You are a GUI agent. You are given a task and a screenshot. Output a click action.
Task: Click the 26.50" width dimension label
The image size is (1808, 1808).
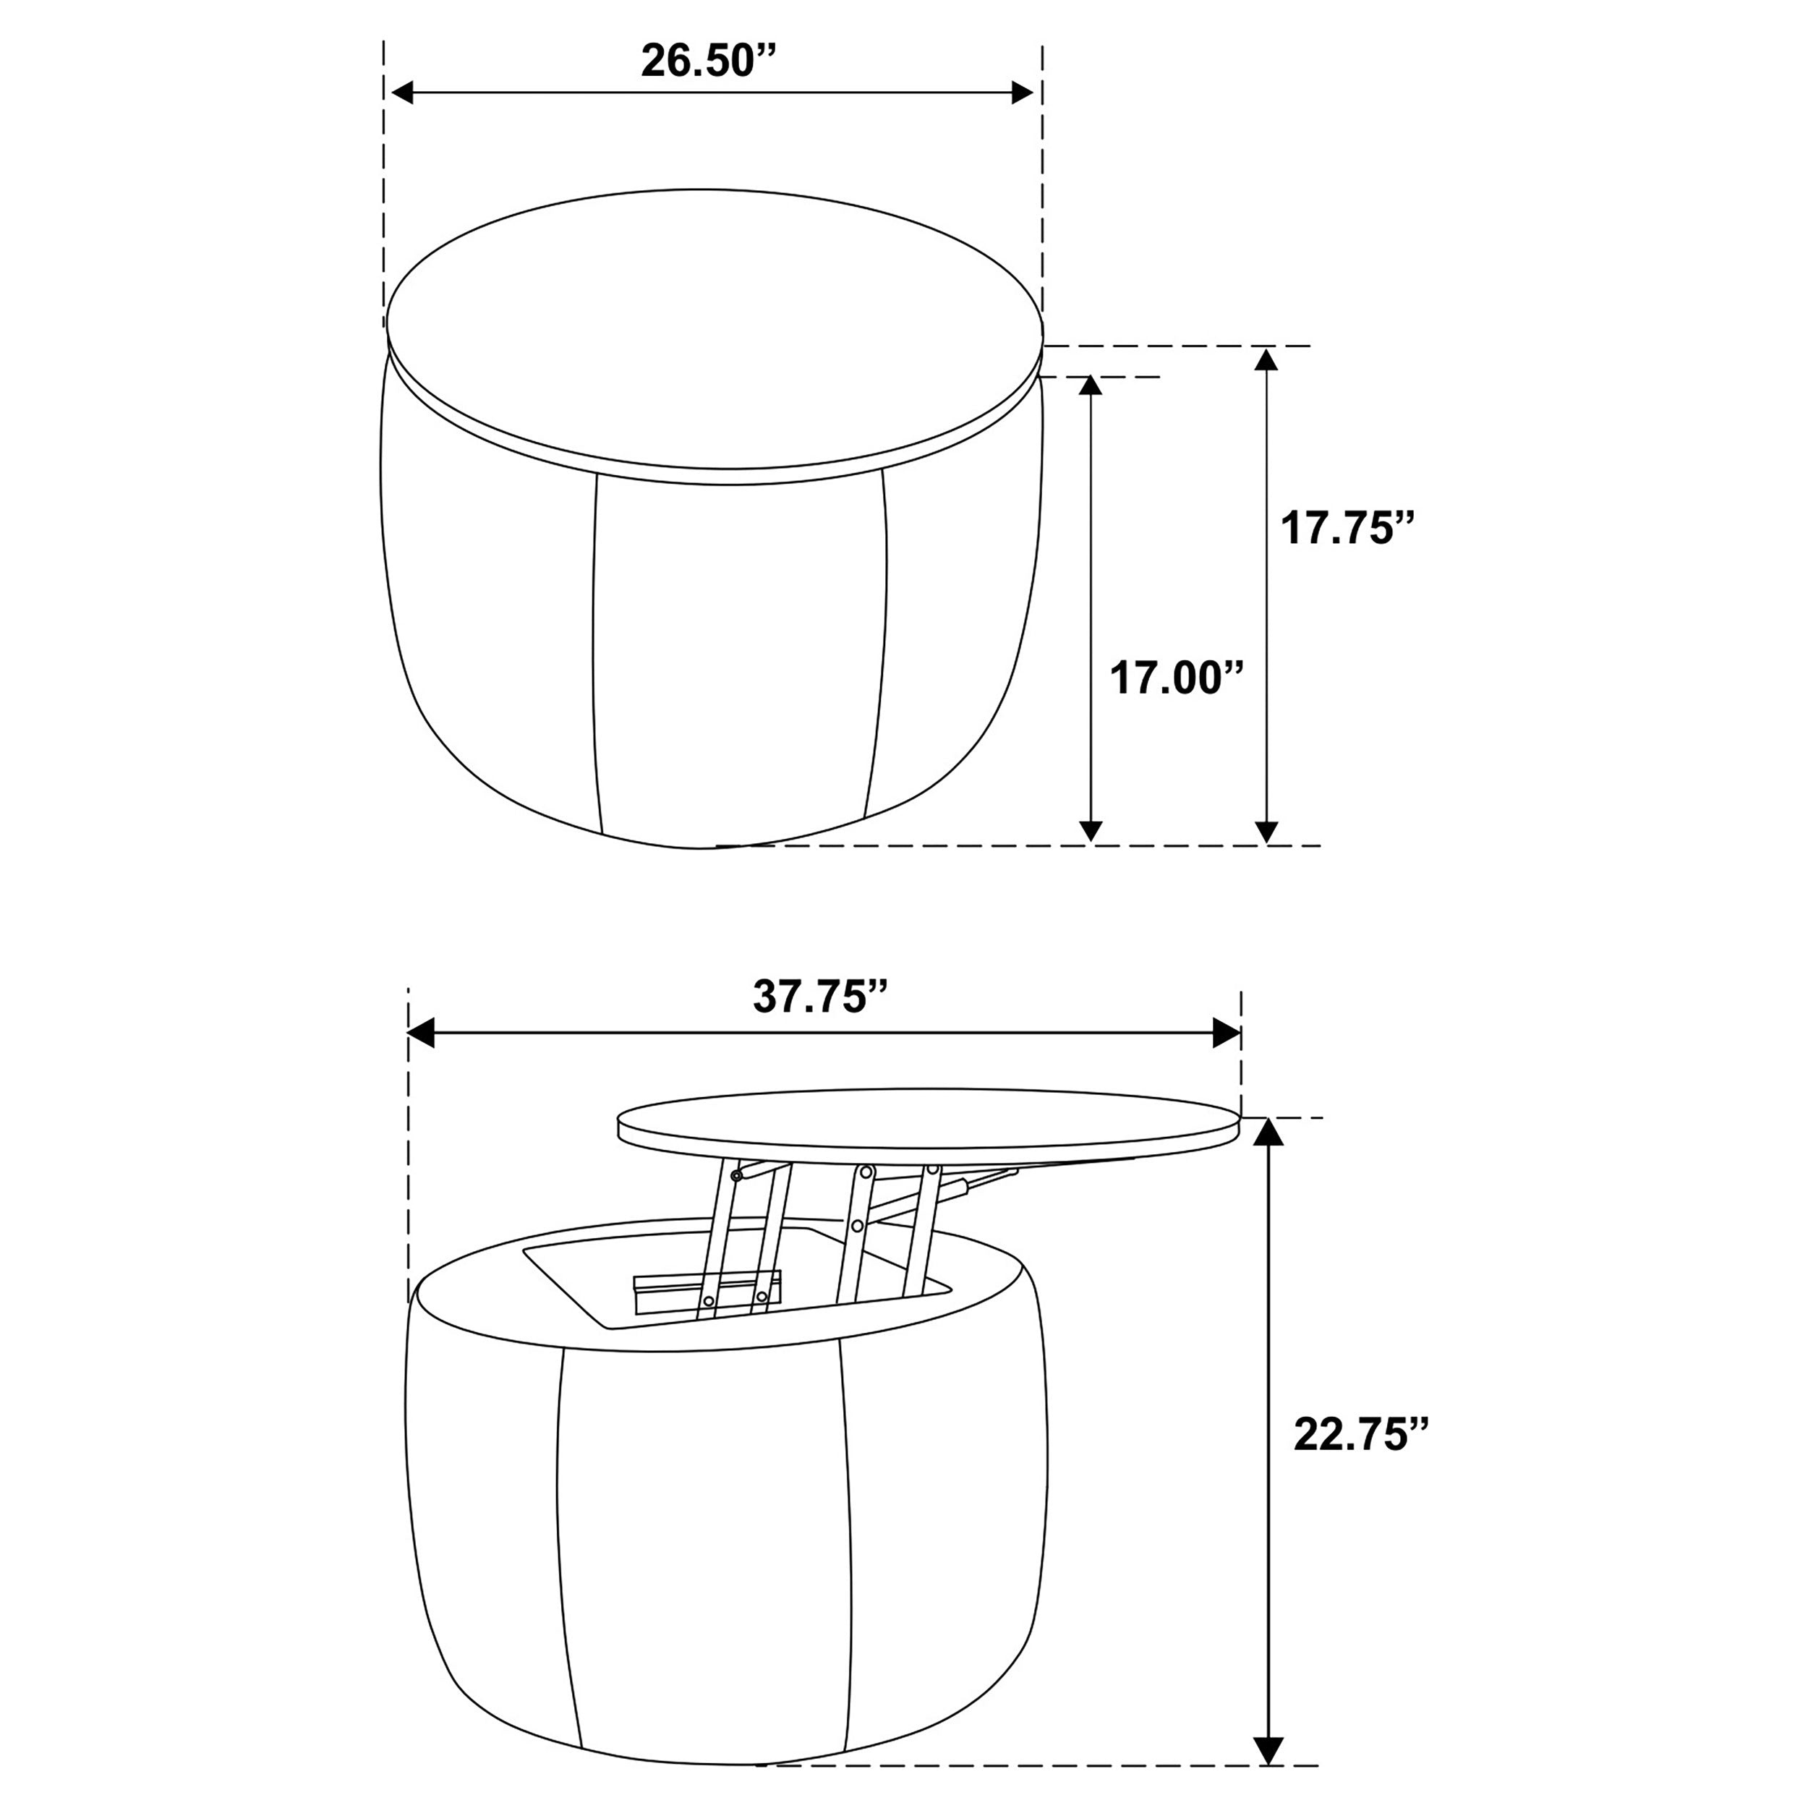tap(709, 61)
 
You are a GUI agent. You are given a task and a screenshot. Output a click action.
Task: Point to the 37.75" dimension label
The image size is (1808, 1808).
tap(821, 997)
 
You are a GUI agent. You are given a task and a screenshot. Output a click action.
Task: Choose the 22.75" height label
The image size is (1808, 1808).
tap(1362, 1460)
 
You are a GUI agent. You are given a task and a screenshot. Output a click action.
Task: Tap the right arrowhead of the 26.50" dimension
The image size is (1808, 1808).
tap(1024, 93)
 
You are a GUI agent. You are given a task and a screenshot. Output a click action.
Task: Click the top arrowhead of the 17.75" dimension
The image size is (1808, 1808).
tap(1266, 359)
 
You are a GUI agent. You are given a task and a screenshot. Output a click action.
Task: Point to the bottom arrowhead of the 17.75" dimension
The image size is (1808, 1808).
tap(1266, 831)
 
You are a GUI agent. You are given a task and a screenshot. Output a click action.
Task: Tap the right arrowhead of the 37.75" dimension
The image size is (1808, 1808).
tap(1226, 1034)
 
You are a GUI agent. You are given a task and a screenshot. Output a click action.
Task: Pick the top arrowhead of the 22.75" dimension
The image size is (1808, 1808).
tap(1268, 1133)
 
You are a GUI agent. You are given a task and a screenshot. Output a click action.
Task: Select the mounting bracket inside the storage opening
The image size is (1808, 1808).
tap(707, 1289)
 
